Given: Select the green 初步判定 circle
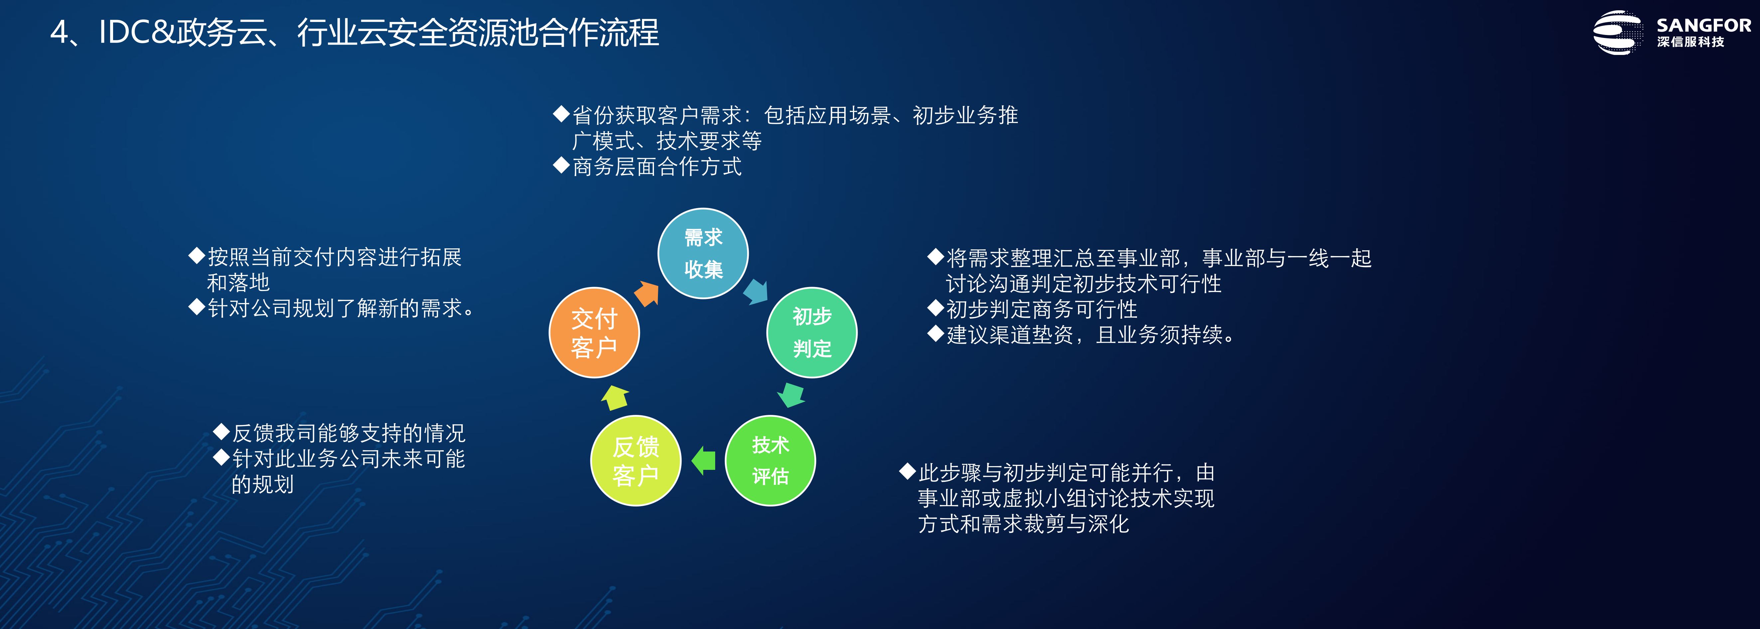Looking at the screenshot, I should (x=812, y=332).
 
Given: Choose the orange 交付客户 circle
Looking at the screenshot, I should (x=594, y=332).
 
